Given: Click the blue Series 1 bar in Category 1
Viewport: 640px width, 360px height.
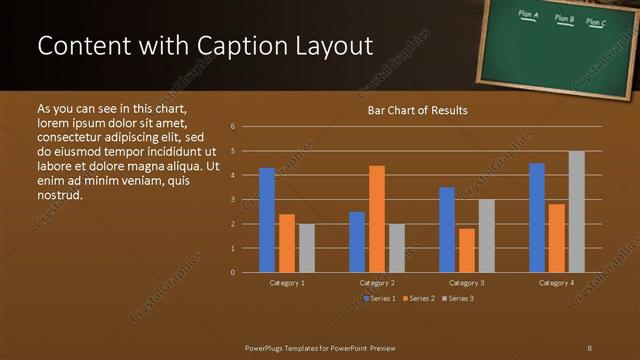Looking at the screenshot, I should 267,220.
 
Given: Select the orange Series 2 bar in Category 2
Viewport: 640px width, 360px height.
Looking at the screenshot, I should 377,219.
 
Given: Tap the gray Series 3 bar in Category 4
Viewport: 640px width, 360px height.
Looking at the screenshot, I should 577,212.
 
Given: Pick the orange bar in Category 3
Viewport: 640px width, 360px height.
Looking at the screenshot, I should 467,250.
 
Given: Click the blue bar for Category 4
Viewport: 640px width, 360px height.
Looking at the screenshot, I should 537,218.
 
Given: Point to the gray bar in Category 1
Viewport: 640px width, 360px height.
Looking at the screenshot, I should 307,248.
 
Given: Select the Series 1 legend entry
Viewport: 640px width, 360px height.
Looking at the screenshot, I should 380,298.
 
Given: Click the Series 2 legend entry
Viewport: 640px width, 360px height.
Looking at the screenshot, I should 418,298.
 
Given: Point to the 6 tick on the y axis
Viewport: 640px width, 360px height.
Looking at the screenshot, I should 232,127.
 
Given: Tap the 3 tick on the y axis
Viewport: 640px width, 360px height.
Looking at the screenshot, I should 232,200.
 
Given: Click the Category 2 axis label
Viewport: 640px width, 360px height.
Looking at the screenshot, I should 378,283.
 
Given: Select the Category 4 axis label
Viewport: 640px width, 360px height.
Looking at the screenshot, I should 557,283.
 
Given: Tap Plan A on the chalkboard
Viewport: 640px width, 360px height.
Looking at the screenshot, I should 529,15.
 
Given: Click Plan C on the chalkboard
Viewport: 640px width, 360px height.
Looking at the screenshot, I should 596,21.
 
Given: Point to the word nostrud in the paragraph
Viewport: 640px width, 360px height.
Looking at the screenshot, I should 59,194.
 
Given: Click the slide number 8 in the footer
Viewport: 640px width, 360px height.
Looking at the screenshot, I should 590,346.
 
